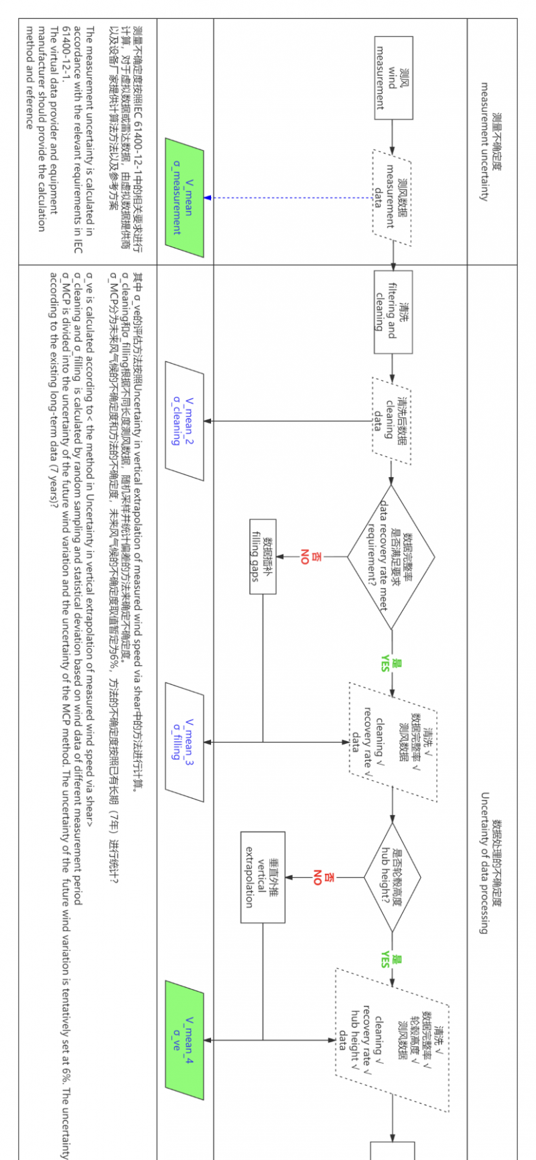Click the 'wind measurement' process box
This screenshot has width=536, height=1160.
click(393, 78)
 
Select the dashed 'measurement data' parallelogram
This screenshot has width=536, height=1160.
click(393, 198)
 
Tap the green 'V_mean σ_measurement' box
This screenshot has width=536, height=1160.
click(184, 198)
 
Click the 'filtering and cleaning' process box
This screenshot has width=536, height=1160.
click(393, 312)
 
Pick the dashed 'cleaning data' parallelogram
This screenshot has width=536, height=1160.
click(393, 421)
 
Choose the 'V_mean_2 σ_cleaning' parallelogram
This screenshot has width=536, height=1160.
click(184, 421)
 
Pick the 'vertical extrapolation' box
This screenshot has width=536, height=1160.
click(263, 877)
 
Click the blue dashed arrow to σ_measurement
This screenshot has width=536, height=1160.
click(288, 198)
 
